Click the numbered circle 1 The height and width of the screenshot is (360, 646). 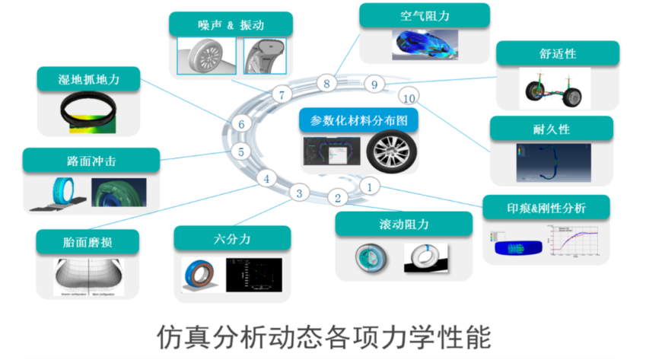click(x=369, y=185)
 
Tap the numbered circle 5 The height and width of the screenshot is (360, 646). click(x=240, y=151)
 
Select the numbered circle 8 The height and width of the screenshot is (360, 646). click(x=326, y=83)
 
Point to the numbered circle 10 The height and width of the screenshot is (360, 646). click(x=409, y=98)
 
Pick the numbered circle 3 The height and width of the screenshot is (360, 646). click(x=299, y=193)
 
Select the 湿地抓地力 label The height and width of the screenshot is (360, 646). click(x=88, y=78)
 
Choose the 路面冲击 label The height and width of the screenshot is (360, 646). click(x=91, y=161)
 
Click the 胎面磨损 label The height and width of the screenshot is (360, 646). click(x=88, y=242)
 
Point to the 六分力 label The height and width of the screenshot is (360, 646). click(x=232, y=238)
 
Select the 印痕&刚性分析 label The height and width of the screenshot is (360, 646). click(x=546, y=207)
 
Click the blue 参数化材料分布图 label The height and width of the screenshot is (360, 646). click(x=360, y=119)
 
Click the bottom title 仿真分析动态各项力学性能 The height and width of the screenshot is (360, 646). click(x=323, y=335)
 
